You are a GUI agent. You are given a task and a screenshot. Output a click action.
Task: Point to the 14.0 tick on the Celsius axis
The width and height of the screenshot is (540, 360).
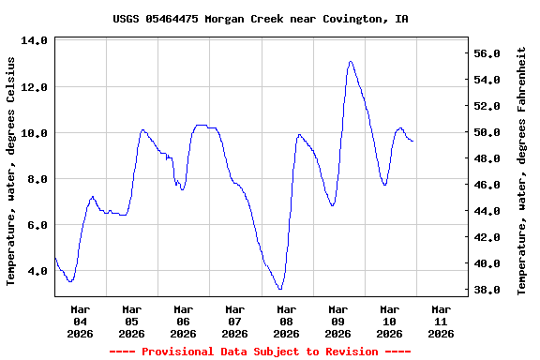[x=35, y=41]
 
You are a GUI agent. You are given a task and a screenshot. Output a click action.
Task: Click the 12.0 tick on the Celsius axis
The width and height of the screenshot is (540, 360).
[x=35, y=87]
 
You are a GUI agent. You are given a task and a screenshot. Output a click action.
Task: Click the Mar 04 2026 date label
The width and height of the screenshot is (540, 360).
[x=80, y=321]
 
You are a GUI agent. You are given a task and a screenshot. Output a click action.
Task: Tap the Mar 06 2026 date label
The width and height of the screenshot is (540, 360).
[x=183, y=321]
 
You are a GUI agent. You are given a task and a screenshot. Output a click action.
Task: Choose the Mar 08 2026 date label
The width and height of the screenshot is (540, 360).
[x=286, y=321]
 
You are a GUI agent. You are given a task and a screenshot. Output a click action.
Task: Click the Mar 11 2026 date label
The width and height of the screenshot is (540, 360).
[x=441, y=321]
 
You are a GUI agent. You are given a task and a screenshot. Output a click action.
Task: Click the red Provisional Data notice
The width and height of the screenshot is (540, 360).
[x=260, y=352]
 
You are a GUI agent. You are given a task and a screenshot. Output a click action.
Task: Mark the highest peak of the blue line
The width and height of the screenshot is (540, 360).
[x=350, y=62]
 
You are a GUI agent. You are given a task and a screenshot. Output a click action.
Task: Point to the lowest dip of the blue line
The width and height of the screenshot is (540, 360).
[x=280, y=289]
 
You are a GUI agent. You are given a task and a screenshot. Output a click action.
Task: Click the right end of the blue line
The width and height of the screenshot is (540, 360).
[x=412, y=141]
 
